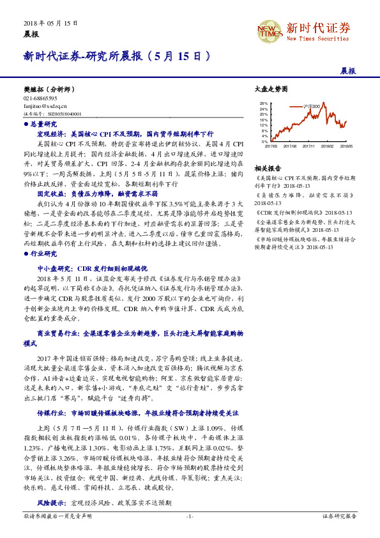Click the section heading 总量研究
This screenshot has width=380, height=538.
[43, 124]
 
